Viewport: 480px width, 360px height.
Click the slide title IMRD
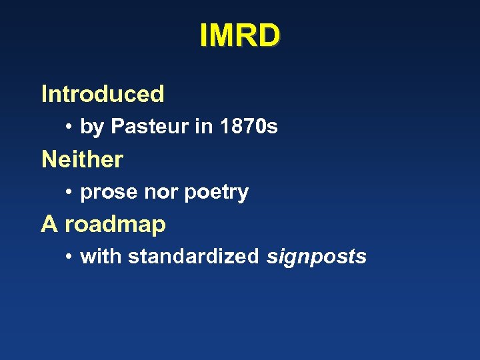pyautogui.click(x=240, y=36)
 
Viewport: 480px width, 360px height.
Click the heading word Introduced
pyautogui.click(x=103, y=94)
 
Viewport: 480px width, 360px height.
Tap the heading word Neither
pyautogui.click(x=82, y=159)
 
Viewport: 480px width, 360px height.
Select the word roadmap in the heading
pyautogui.click(x=115, y=225)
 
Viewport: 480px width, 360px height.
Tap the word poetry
pyautogui.click(x=217, y=193)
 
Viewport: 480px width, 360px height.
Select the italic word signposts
pyautogui.click(x=317, y=257)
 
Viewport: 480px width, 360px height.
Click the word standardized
pyautogui.click(x=193, y=257)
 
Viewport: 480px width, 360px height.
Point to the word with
pyautogui.click(x=101, y=257)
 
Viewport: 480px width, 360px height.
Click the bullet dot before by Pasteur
pyautogui.click(x=69, y=127)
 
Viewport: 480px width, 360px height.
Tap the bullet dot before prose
pyautogui.click(x=69, y=193)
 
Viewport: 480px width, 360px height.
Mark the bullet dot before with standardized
pyautogui.click(x=69, y=257)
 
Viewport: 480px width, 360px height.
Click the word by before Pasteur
pyautogui.click(x=92, y=127)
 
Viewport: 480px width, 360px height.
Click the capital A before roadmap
pyautogui.click(x=49, y=225)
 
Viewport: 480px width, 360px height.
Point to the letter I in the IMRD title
pyautogui.click(x=204, y=36)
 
